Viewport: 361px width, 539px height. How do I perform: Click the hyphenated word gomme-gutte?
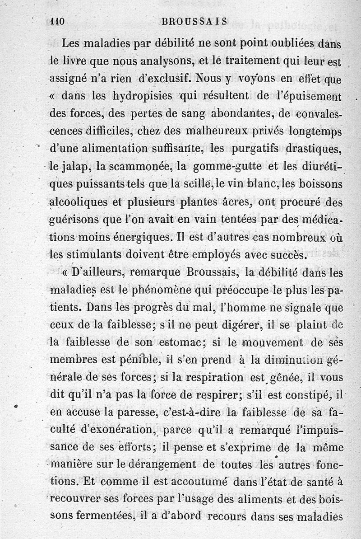227,166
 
